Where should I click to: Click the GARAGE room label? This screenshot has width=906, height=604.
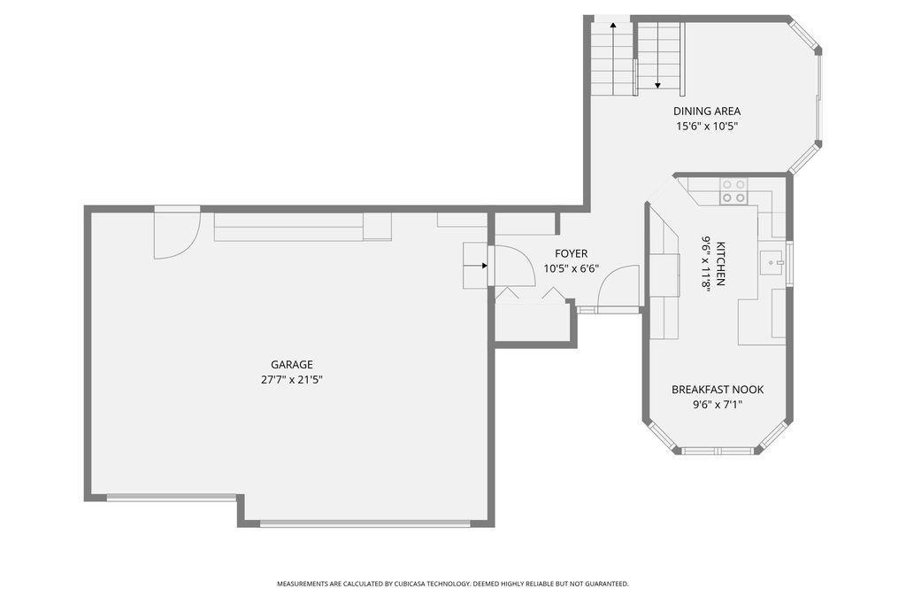click(292, 365)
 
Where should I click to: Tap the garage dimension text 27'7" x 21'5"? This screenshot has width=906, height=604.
click(292, 380)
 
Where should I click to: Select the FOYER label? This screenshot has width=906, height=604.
click(571, 253)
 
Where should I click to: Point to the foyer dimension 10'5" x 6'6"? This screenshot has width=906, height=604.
click(571, 268)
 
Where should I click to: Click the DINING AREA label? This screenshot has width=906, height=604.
click(707, 111)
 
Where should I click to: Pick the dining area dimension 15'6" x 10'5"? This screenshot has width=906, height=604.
click(707, 126)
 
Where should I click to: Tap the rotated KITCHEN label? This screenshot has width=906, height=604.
click(721, 263)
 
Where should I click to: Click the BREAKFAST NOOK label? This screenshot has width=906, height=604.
click(717, 390)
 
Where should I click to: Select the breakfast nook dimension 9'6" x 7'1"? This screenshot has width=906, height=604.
click(717, 405)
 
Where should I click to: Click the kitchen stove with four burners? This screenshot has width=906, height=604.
click(733, 191)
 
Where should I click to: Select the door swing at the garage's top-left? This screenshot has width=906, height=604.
click(177, 236)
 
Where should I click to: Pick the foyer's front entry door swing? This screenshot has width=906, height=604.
click(618, 289)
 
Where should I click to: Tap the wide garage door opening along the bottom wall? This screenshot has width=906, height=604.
click(365, 523)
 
